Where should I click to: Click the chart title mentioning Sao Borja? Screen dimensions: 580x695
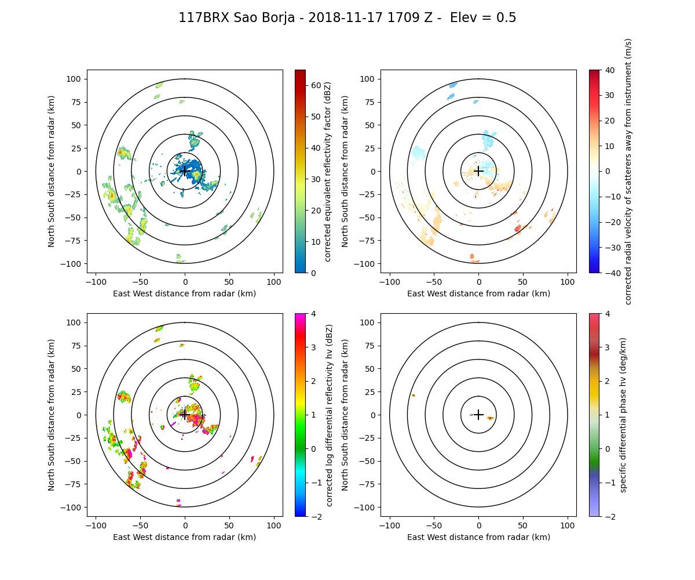pos(347,18)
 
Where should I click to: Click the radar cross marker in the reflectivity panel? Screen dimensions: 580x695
pos(185,171)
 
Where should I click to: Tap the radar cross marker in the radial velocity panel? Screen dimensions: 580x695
pos(478,171)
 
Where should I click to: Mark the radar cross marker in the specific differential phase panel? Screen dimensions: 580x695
pos(478,415)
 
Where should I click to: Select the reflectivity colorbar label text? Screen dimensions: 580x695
pos(328,171)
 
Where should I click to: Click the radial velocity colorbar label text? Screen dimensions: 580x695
pos(628,171)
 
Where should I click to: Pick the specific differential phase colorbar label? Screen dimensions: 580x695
pos(624,415)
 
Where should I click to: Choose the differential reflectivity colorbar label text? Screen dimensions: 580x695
pos(330,415)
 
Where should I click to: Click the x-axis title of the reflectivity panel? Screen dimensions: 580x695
pos(185,293)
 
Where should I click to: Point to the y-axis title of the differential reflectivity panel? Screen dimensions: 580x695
pos(52,415)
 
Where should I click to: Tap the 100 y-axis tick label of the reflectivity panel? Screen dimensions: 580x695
pos(75,79)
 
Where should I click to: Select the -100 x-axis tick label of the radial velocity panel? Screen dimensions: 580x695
pos(390,281)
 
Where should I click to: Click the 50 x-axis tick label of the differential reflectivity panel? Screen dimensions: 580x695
pos(229,525)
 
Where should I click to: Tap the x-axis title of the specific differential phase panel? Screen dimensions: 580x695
pos(478,537)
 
